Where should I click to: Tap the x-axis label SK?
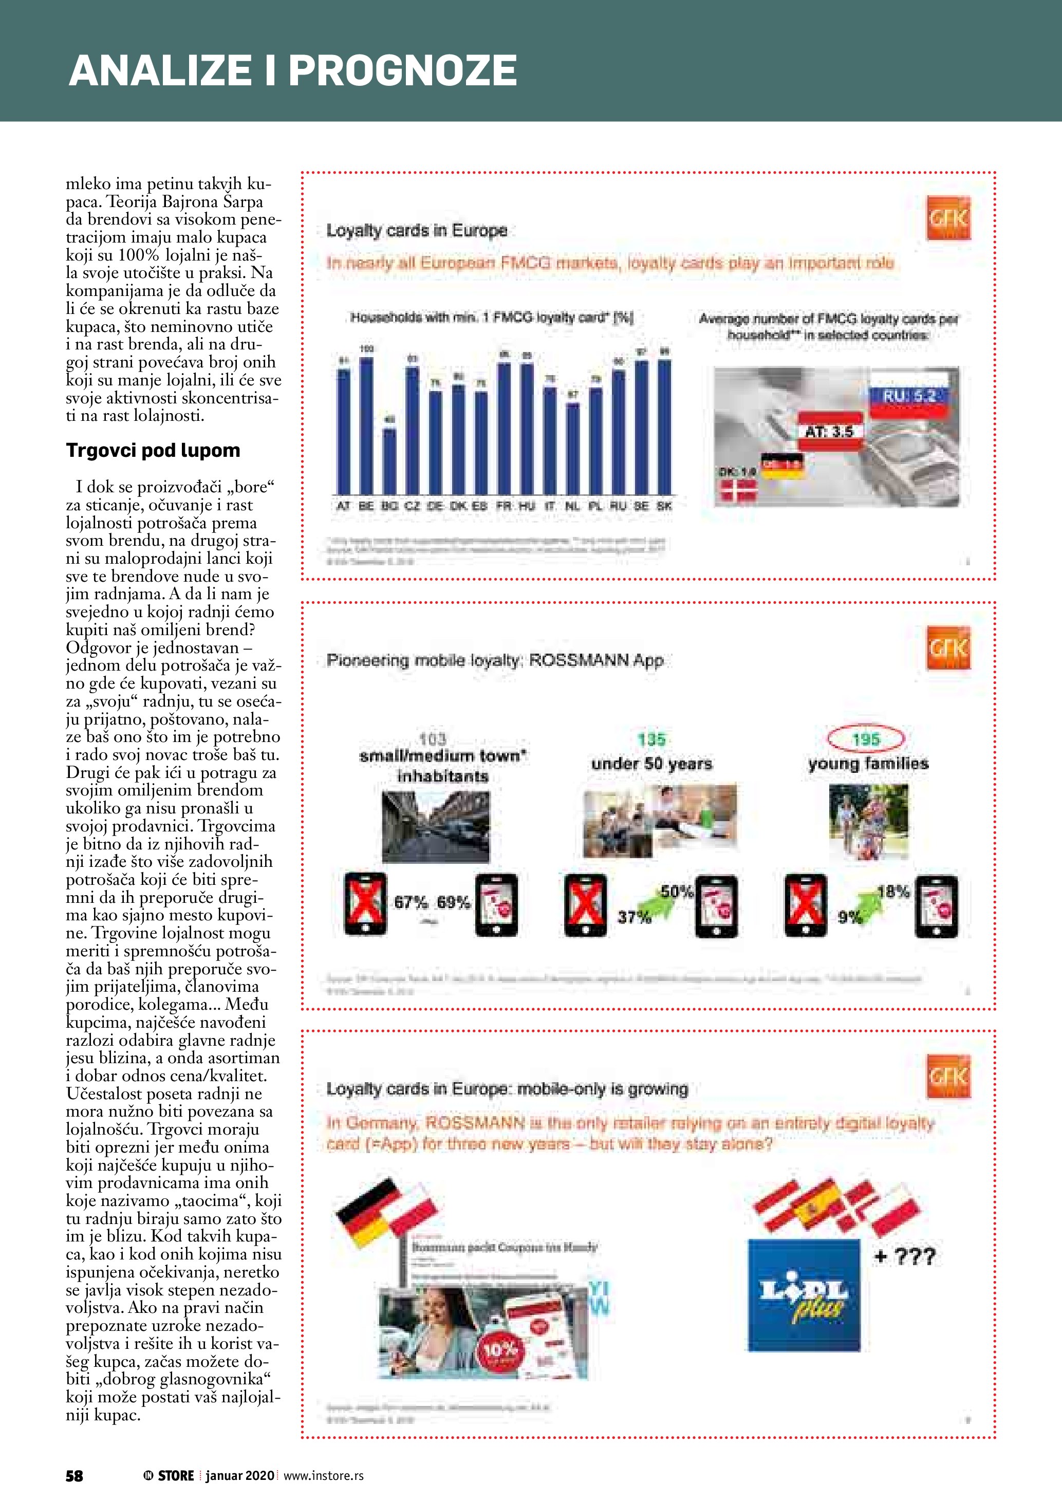coord(664,506)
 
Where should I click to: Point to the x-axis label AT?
coord(343,506)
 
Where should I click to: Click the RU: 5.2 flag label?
coord(909,396)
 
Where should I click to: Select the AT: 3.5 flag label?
coord(829,431)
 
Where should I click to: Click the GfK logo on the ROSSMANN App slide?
coord(948,647)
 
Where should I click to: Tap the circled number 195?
coord(866,739)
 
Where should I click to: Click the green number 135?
coord(651,739)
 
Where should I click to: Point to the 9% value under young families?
coord(849,917)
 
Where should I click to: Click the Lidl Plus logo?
coord(804,1295)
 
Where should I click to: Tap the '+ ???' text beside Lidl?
coord(905,1256)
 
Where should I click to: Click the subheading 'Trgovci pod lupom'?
coord(153,450)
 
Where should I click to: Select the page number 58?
coord(74,1475)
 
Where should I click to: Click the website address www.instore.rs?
coord(324,1475)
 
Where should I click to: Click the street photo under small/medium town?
coord(436,826)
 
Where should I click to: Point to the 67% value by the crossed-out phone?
coord(411,903)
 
